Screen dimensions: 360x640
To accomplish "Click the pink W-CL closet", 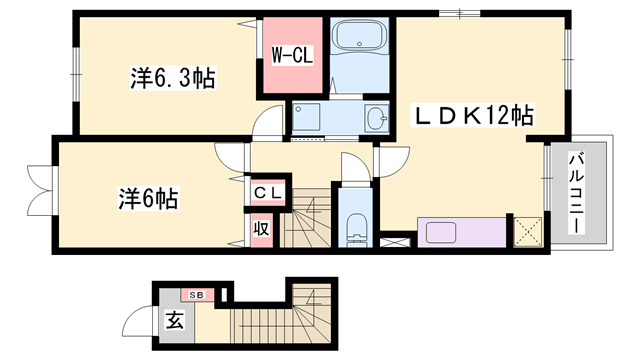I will (292, 56).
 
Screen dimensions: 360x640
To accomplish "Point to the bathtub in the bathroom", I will (359, 43).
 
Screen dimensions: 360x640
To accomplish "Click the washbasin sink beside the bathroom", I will (376, 118).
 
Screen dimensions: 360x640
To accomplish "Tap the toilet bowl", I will (355, 228).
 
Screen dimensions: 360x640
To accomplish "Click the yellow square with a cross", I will (527, 233).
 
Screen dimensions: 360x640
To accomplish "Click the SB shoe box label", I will (195, 295).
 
